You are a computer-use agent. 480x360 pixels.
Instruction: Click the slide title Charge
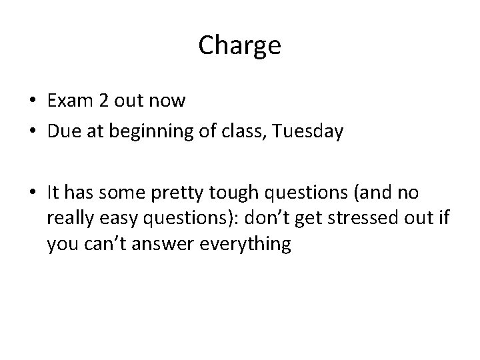239,46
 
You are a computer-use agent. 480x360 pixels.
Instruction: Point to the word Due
62,131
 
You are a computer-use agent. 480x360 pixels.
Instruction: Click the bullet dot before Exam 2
33,102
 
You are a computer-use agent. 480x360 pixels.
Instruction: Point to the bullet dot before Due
33,132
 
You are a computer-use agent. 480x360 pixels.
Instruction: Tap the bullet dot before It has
33,193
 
